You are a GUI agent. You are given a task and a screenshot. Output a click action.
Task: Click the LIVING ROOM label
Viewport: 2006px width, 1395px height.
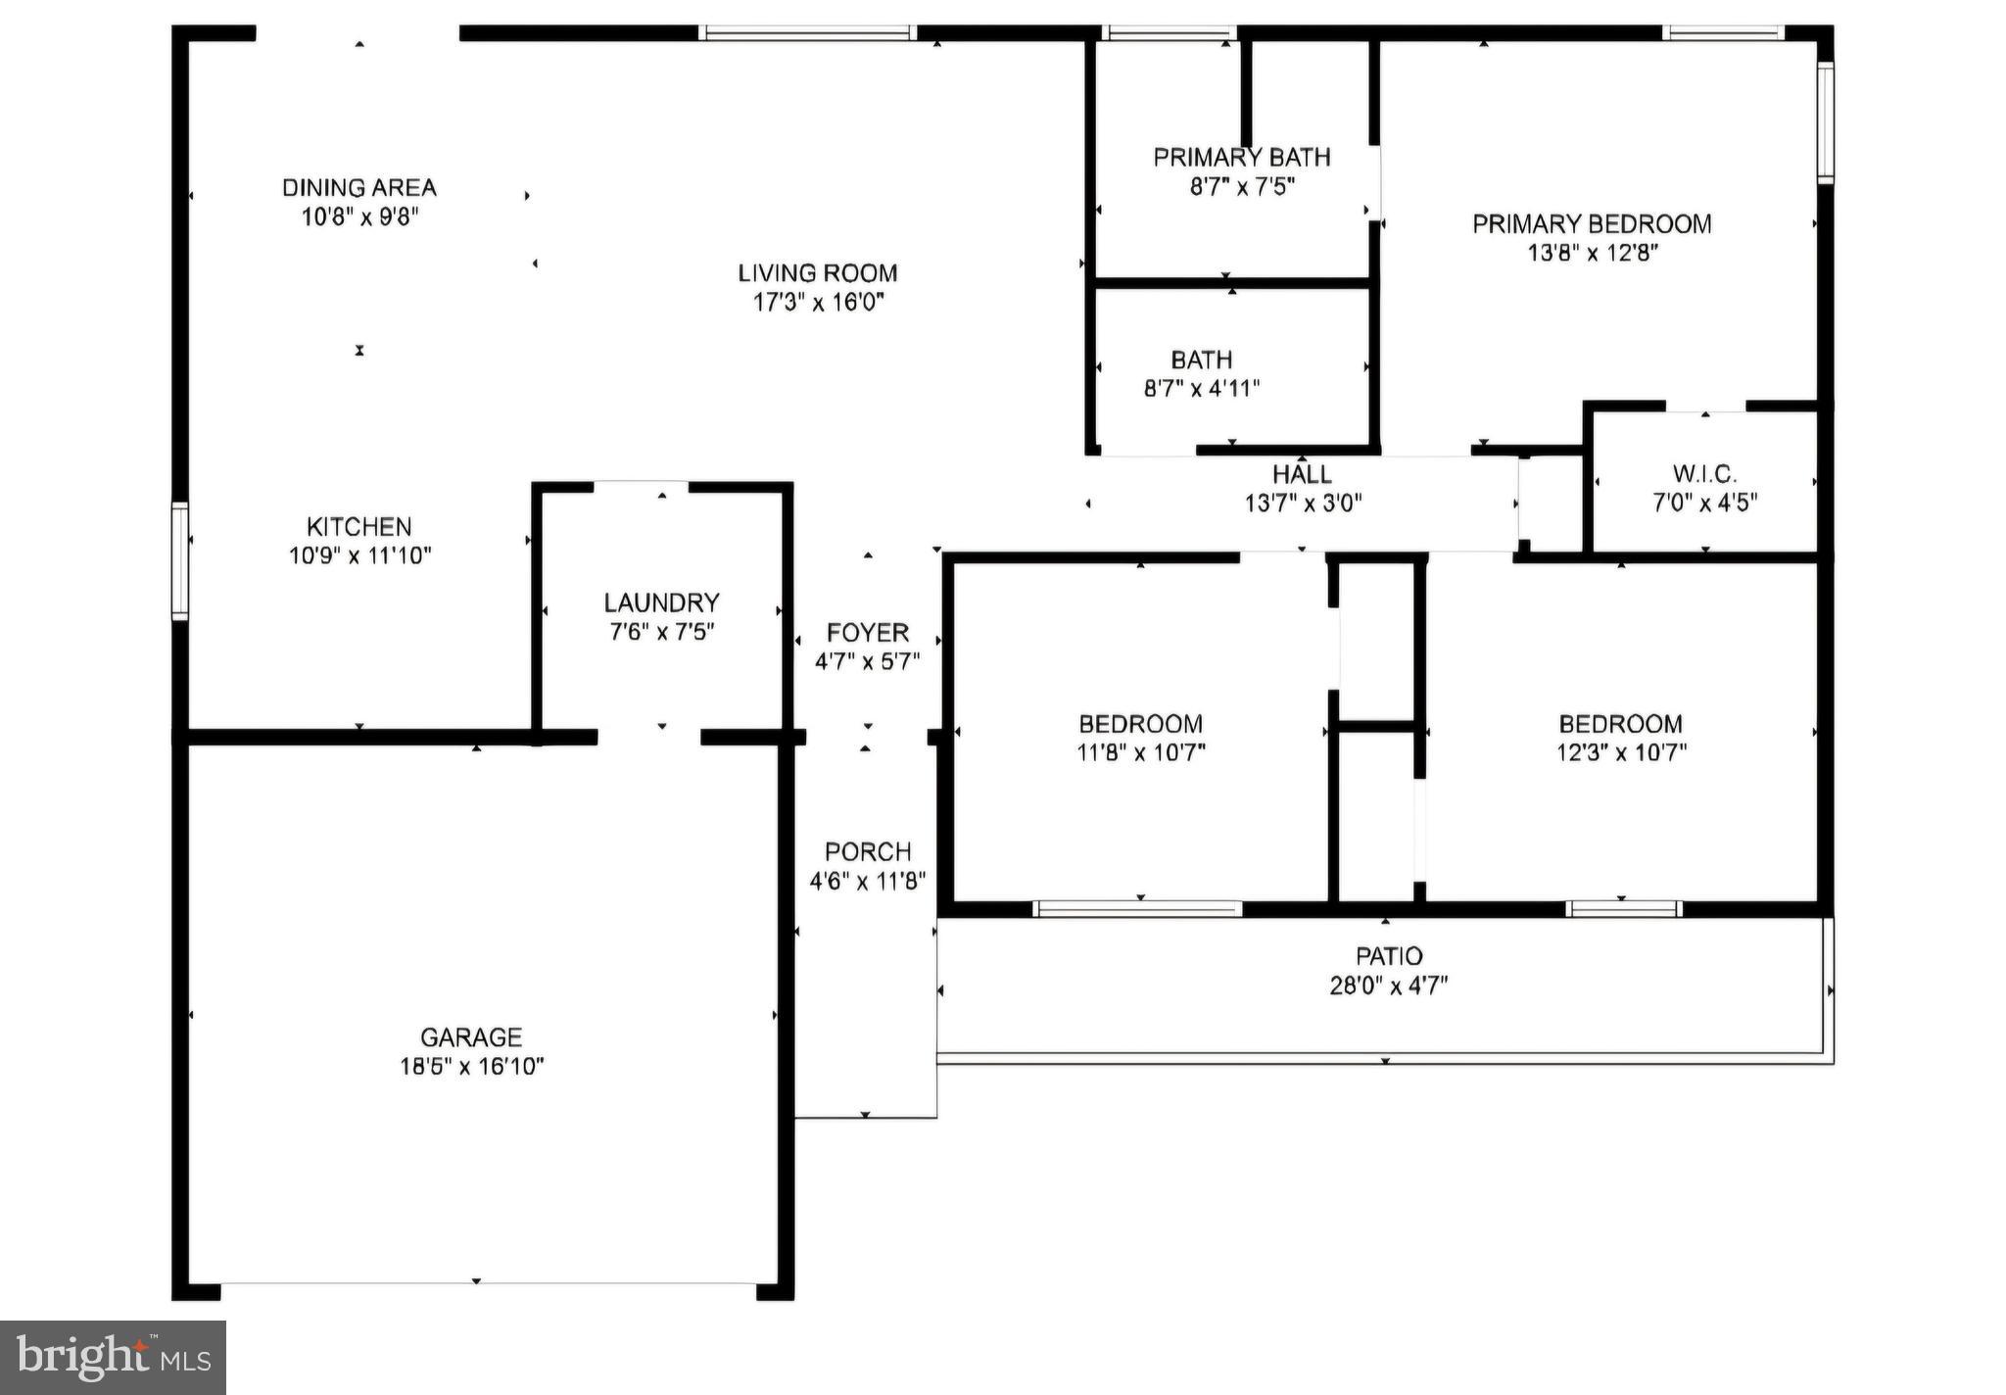point(817,273)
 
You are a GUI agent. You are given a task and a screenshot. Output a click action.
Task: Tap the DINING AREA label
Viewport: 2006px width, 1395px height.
point(358,187)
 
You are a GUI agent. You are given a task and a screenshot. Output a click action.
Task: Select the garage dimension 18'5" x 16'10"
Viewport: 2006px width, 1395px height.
point(471,1066)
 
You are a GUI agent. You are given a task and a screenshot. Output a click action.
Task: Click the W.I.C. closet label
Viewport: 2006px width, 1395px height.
point(1704,474)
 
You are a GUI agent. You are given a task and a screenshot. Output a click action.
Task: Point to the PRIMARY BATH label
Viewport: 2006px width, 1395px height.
point(1241,157)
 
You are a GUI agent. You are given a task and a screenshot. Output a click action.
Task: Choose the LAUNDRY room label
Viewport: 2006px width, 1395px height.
point(661,602)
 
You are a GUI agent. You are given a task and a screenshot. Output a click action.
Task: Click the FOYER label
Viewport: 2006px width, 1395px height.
point(867,633)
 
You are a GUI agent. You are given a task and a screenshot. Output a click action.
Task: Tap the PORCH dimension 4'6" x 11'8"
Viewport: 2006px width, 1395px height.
point(867,881)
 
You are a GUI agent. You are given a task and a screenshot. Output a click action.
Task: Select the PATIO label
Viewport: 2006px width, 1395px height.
point(1388,956)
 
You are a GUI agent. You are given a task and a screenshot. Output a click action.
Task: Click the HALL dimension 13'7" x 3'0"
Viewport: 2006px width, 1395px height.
point(1303,504)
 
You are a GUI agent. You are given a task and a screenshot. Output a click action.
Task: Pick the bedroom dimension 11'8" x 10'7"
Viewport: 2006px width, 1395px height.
point(1140,752)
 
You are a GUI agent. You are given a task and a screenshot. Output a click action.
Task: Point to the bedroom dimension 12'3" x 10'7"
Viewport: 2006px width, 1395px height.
point(1620,752)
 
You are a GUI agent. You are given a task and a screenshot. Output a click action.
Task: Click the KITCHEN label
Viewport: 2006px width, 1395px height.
point(358,526)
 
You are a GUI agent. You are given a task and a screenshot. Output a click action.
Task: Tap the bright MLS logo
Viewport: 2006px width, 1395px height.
point(113,1357)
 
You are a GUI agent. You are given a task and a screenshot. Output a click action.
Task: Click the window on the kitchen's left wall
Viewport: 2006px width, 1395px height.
point(179,561)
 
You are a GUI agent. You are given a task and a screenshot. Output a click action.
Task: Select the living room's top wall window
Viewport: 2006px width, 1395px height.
point(808,32)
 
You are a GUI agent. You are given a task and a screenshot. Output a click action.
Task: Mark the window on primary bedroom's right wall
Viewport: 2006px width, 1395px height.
point(1825,122)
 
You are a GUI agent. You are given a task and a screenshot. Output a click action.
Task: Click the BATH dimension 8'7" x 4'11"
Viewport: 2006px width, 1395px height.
point(1201,388)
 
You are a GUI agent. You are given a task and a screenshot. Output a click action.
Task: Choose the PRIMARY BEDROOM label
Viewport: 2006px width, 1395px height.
point(1592,224)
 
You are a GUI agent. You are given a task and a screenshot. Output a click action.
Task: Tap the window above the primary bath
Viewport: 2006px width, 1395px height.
point(1168,32)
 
